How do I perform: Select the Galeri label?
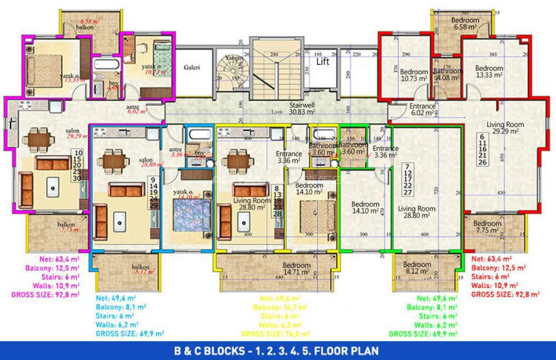click(x=192, y=67)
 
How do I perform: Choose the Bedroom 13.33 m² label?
click(x=489, y=71)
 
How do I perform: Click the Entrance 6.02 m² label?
click(x=423, y=109)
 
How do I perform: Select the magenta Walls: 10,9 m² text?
click(x=46, y=286)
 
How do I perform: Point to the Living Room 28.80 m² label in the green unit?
click(x=417, y=211)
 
